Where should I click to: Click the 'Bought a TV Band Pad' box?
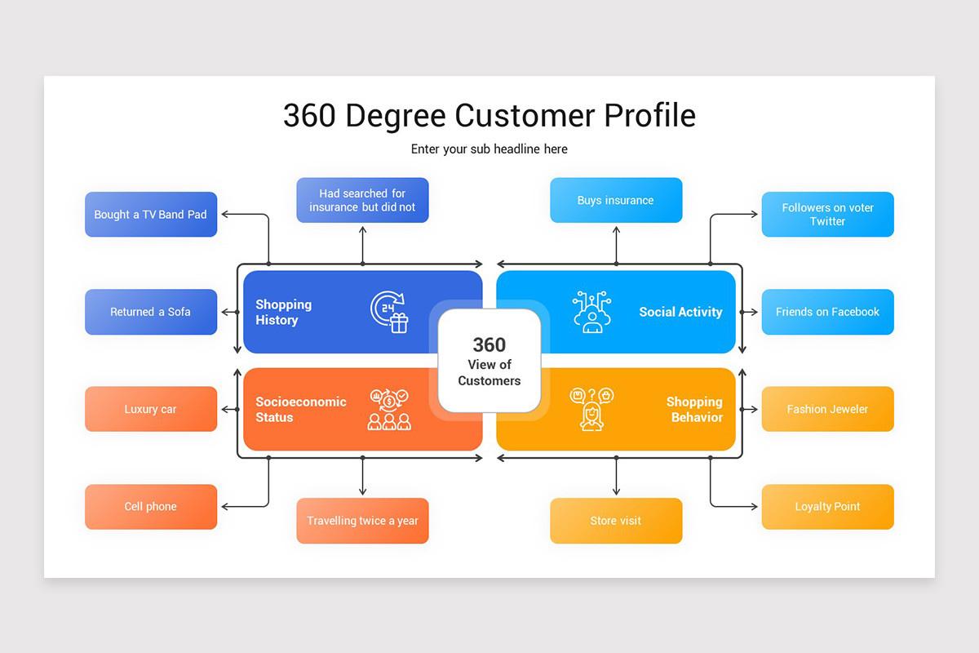(151, 215)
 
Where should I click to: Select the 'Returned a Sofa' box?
(151, 312)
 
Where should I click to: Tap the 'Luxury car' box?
(151, 409)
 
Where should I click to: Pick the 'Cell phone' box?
(151, 506)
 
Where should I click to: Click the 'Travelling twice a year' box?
(362, 521)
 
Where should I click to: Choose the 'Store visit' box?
(616, 521)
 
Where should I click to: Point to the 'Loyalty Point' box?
(827, 506)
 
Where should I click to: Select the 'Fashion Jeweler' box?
(827, 409)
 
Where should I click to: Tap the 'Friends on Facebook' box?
(827, 312)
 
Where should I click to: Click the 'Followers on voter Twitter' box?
(827, 215)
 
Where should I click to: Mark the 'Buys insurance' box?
(616, 200)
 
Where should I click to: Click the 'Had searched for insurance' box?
(362, 200)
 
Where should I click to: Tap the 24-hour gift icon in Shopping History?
(390, 312)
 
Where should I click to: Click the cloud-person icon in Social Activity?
(592, 311)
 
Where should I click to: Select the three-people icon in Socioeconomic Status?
(389, 409)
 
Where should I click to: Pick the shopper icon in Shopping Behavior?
(591, 409)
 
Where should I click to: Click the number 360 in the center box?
(489, 344)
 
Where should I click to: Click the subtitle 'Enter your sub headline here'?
(489, 149)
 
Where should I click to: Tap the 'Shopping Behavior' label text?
(694, 409)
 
